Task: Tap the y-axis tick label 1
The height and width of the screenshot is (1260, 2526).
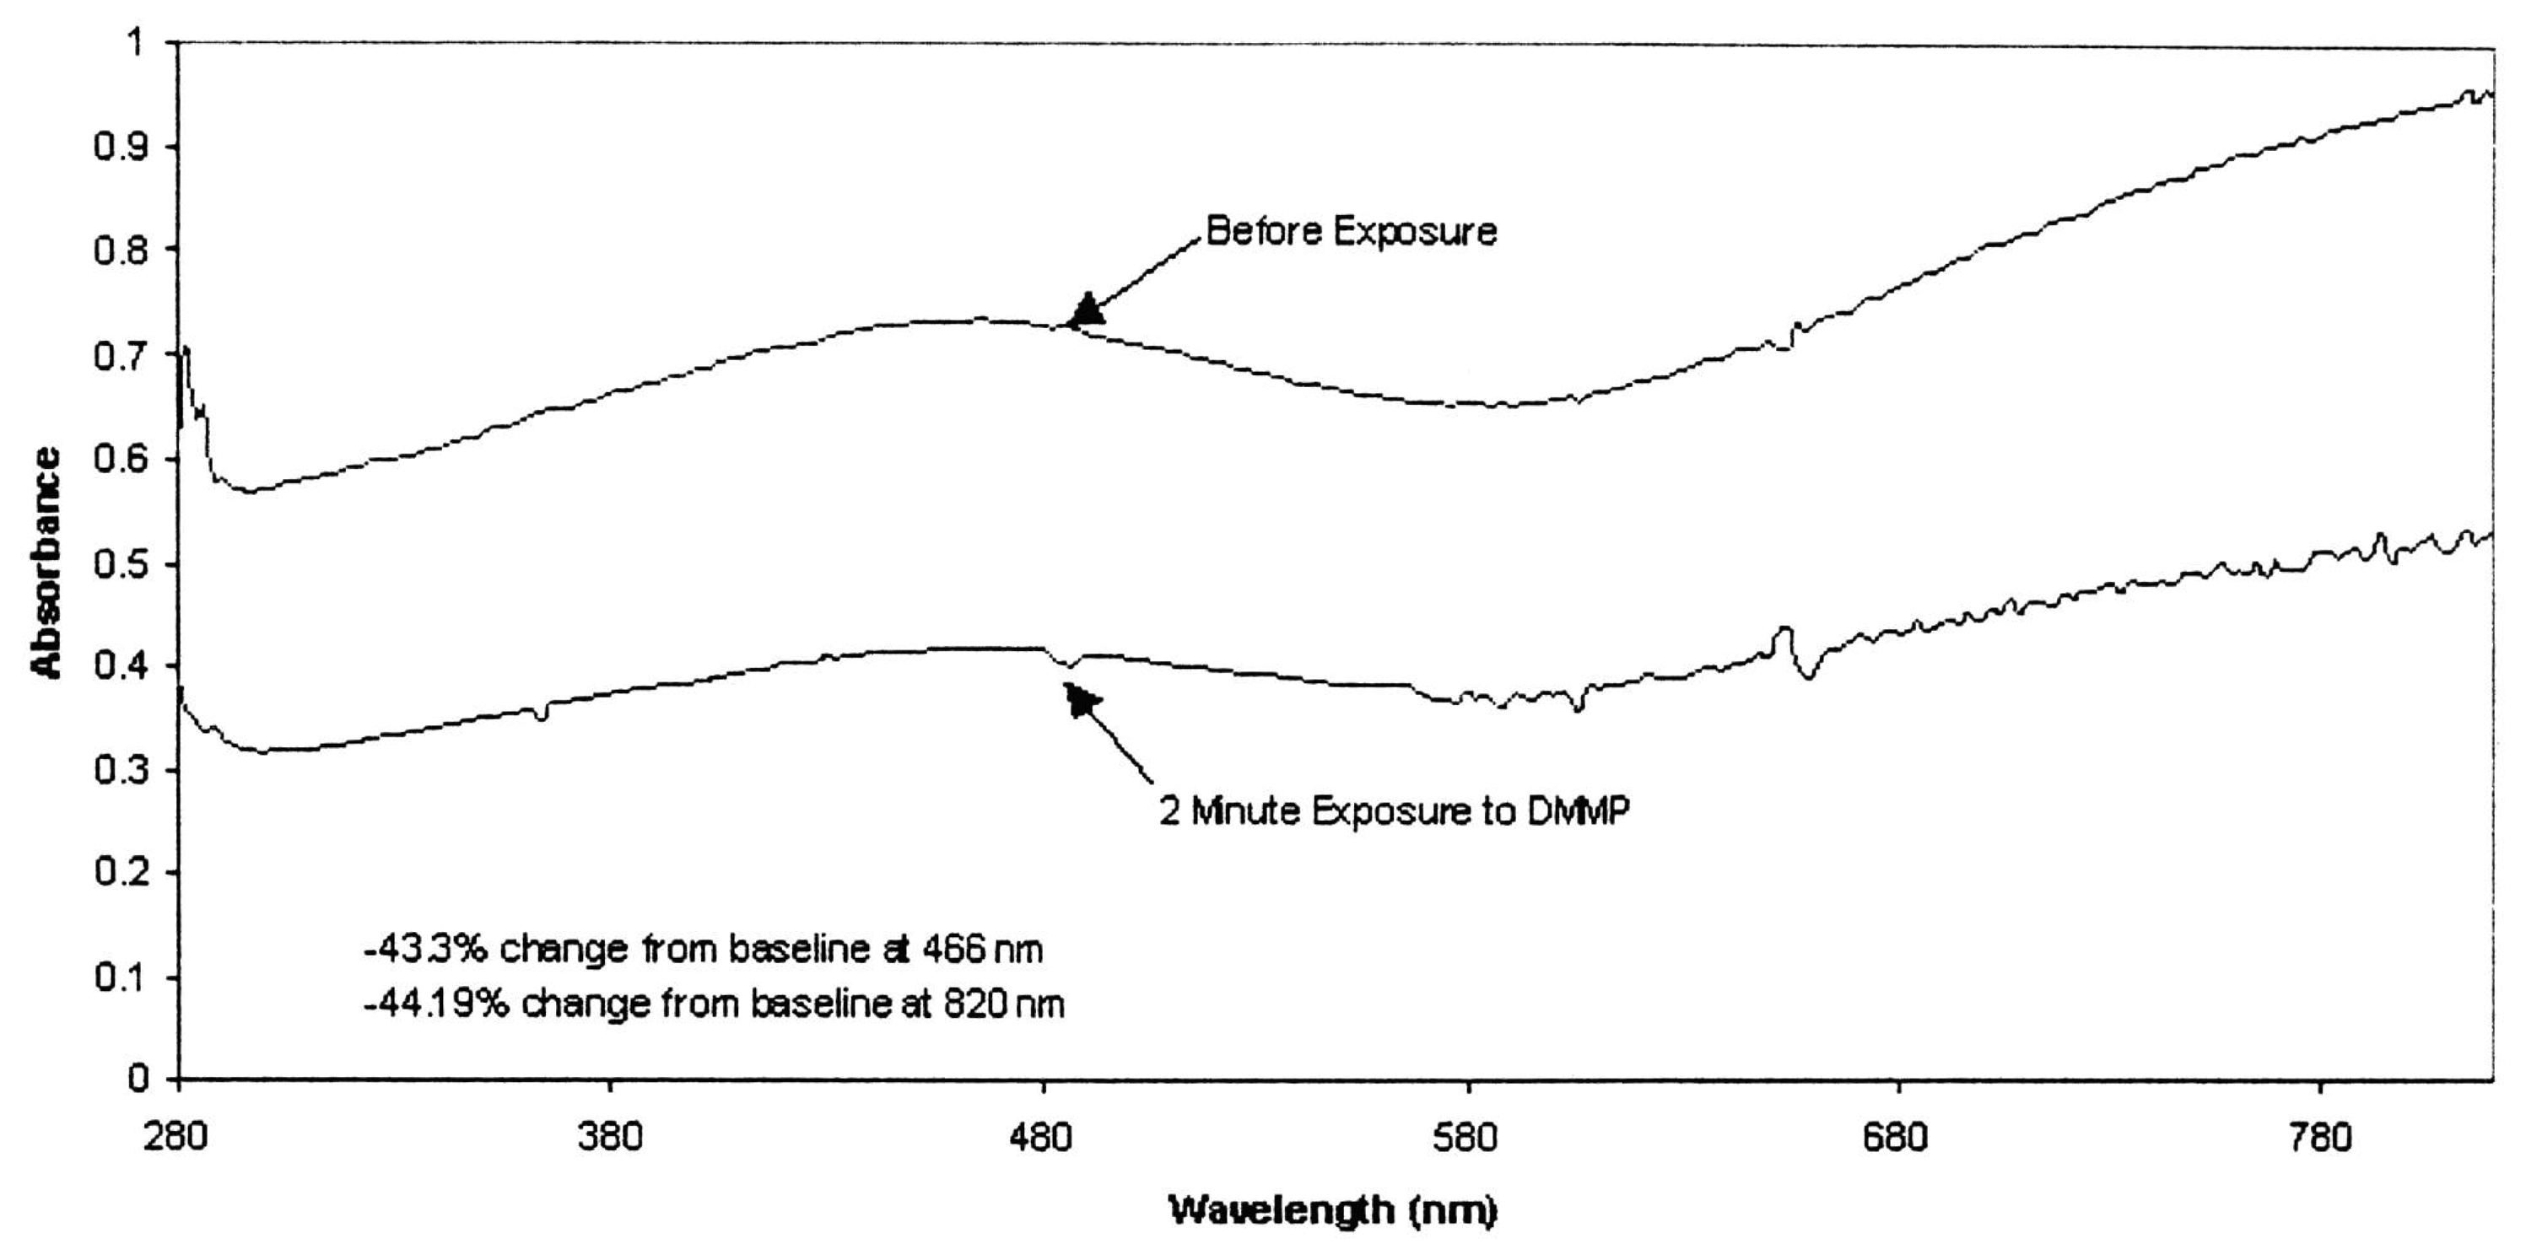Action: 134,42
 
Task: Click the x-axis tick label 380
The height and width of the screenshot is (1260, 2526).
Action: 610,1138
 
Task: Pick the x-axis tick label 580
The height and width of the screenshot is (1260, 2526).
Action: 1468,1138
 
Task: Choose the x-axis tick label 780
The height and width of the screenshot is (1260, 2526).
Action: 2321,1138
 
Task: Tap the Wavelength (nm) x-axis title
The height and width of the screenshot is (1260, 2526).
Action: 1333,1210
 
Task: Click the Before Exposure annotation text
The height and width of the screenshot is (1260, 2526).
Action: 1350,231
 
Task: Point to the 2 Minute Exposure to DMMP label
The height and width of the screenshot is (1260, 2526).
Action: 1394,811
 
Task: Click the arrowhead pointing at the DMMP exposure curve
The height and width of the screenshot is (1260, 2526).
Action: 1082,700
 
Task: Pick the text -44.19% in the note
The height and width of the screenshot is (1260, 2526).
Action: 435,1004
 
